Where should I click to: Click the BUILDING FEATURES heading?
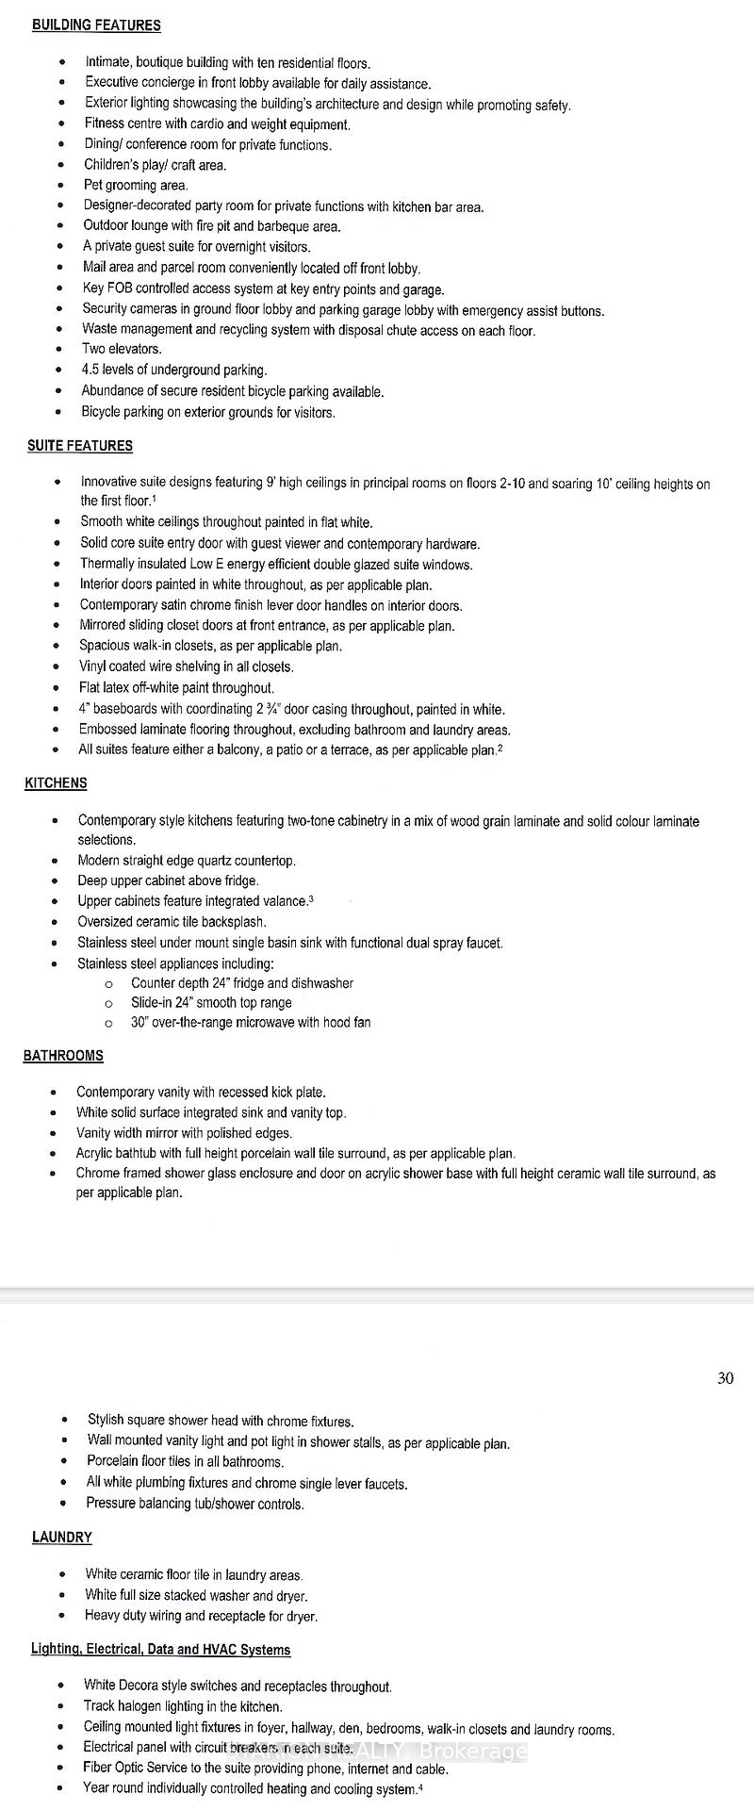point(96,25)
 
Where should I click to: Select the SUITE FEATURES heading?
point(80,446)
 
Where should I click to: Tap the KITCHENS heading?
point(56,783)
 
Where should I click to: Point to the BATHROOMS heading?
point(63,1056)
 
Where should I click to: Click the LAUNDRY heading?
point(62,1538)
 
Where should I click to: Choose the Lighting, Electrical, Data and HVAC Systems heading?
point(160,1650)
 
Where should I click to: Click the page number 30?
point(725,1378)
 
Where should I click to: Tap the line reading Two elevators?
point(122,349)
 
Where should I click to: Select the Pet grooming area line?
point(136,186)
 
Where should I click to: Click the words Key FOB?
point(107,289)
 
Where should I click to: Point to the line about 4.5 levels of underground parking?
point(174,370)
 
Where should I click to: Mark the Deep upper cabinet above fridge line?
point(168,880)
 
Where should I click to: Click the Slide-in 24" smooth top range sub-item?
point(211,1003)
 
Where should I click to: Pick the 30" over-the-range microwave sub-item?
point(251,1023)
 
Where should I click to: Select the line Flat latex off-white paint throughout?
point(176,688)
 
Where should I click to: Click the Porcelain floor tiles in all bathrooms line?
point(185,1462)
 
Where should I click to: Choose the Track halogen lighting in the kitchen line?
point(183,1706)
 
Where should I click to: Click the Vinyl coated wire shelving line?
point(186,667)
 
